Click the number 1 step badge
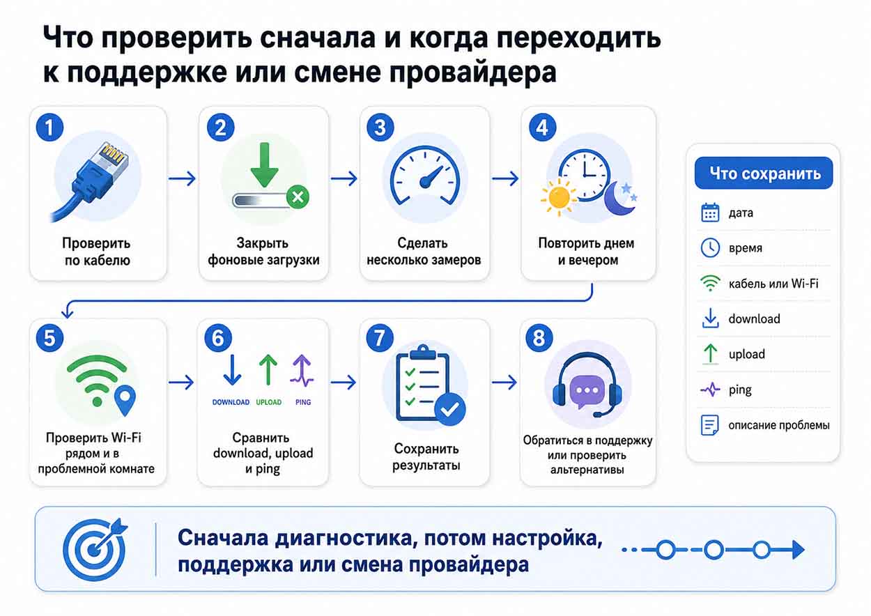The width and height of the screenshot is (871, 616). (x=49, y=127)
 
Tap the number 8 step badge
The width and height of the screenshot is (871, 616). (x=539, y=338)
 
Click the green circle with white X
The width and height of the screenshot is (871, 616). (x=298, y=197)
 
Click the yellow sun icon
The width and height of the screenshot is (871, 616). (x=559, y=198)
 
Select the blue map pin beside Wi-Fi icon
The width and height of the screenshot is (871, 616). (x=125, y=401)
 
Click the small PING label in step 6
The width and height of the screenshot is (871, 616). (x=303, y=402)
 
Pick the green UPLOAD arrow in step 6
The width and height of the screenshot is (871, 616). (x=268, y=370)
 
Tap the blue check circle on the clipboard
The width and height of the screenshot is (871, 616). (x=449, y=409)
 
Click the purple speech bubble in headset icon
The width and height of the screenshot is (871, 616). (x=587, y=391)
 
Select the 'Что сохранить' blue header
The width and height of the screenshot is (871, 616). (x=764, y=173)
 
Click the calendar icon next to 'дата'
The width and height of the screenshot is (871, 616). (x=711, y=213)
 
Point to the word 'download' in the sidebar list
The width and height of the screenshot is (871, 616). (x=755, y=319)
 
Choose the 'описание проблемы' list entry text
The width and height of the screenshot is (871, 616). (x=779, y=425)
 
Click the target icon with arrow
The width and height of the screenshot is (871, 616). (x=95, y=549)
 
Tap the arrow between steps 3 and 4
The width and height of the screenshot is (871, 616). (x=504, y=178)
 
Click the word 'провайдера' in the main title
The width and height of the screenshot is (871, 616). (x=473, y=72)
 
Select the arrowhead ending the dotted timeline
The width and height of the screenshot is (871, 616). (x=798, y=550)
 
